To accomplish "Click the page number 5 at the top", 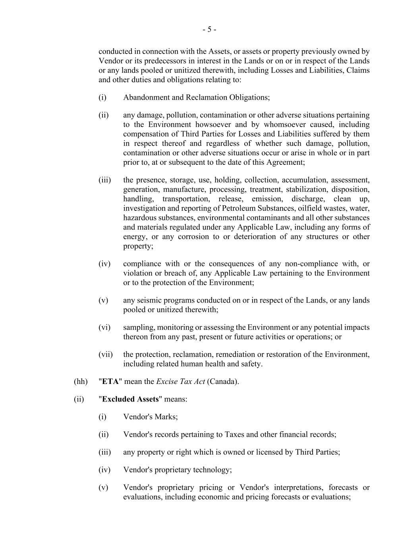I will coord(209,30).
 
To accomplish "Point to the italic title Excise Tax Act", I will coord(181,382).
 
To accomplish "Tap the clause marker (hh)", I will coord(81,382).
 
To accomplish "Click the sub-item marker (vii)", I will coord(106,354).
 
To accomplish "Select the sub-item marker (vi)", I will coord(104,327).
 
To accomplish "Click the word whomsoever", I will coord(284,125).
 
